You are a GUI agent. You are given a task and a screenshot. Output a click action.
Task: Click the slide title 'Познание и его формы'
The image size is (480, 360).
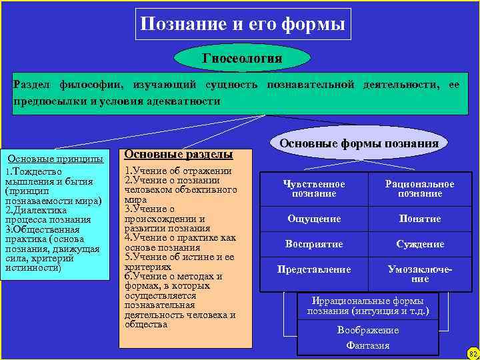(243, 25)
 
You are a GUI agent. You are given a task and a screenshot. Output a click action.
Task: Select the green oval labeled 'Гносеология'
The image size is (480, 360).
(242, 59)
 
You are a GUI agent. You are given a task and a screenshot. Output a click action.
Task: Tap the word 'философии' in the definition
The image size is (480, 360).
(93, 86)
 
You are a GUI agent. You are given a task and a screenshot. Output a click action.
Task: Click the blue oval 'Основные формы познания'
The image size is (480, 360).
(359, 143)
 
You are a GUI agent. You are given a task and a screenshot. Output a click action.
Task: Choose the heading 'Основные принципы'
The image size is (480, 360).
(55, 159)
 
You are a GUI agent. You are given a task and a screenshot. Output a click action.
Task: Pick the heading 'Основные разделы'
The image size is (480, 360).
(178, 154)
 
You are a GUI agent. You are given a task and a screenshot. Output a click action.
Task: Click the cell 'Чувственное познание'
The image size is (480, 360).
(314, 189)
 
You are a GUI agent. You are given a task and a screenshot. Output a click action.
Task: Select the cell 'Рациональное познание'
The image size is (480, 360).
(420, 189)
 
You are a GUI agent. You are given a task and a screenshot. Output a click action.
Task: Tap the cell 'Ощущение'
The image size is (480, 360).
(314, 219)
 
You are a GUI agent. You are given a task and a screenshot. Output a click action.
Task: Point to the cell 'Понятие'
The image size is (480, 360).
(420, 219)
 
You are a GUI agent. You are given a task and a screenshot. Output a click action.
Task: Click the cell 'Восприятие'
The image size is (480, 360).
(314, 244)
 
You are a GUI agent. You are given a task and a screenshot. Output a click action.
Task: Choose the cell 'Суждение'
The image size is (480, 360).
(420, 244)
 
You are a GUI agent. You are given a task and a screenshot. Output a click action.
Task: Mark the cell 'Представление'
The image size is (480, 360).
(314, 269)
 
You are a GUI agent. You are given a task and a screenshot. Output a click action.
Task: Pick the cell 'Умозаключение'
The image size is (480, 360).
(420, 274)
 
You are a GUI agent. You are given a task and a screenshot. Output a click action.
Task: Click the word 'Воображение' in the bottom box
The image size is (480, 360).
(368, 330)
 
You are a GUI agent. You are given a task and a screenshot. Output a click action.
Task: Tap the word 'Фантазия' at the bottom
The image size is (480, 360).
(368, 345)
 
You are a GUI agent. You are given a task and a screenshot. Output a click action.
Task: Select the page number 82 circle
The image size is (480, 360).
(473, 353)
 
